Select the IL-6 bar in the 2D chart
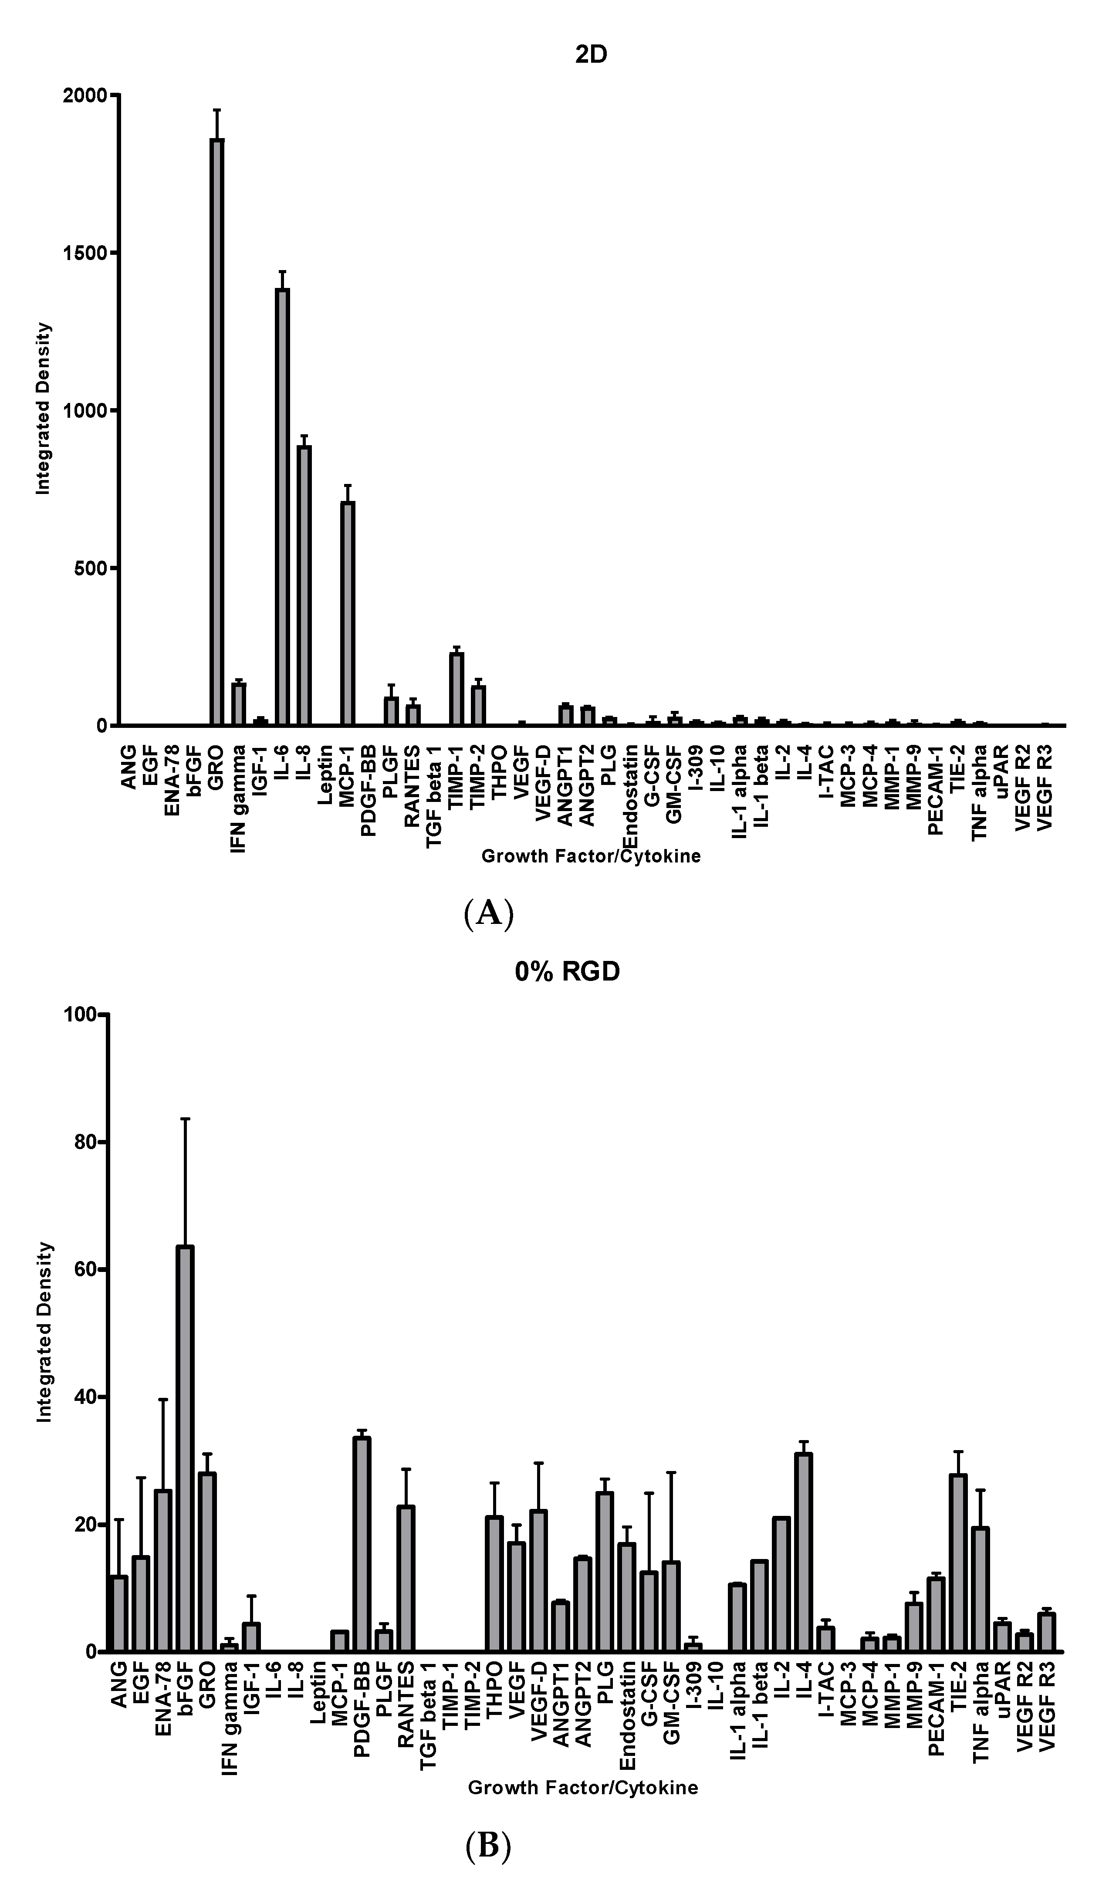tap(282, 506)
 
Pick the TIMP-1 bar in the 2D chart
tap(457, 688)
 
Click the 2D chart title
tap(591, 55)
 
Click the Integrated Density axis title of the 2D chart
tap(44, 408)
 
